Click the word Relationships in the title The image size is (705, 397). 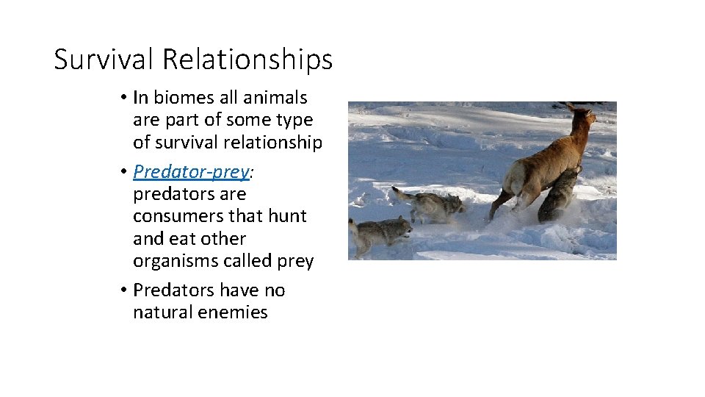pyautogui.click(x=247, y=60)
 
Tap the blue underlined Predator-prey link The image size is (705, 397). pyautogui.click(x=191, y=172)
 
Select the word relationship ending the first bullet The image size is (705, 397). pyautogui.click(x=275, y=142)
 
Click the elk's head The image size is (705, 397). pyautogui.click(x=583, y=117)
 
